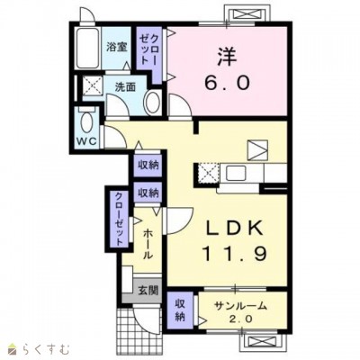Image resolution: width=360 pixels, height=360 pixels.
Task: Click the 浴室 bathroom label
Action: [x=117, y=47]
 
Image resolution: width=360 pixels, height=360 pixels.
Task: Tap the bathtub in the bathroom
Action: [x=87, y=48]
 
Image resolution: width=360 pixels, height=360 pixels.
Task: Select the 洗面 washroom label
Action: [x=125, y=86]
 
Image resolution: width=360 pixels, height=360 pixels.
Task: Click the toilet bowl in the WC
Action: [x=87, y=123]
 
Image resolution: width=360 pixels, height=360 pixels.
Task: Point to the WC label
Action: [x=86, y=141]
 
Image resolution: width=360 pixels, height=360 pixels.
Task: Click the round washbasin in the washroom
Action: [x=153, y=102]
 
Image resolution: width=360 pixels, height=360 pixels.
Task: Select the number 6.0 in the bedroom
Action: [x=227, y=82]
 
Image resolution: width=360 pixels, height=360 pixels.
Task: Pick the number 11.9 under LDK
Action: [x=235, y=254]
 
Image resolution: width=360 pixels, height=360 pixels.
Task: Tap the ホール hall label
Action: [x=148, y=244]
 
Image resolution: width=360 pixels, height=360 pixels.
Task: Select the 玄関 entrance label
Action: [x=148, y=290]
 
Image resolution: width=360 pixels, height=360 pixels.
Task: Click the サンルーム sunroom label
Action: [x=240, y=306]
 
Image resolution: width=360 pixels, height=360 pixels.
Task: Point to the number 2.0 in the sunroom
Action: [x=240, y=319]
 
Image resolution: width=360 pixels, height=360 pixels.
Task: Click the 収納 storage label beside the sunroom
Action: [x=180, y=310]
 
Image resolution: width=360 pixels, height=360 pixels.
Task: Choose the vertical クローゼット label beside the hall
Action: [x=119, y=218]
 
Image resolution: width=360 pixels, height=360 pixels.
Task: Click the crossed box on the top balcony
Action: [x=246, y=14]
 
